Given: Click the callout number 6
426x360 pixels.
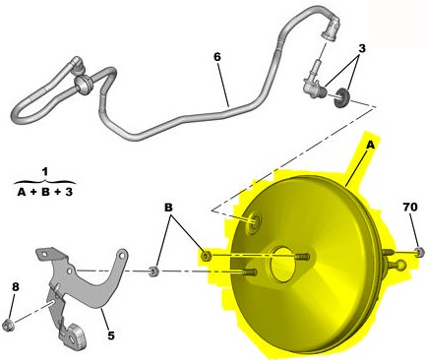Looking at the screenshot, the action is [x=217, y=57].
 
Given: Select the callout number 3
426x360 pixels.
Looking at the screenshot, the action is [x=362, y=48].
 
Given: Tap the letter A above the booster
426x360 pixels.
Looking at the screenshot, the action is [x=370, y=145].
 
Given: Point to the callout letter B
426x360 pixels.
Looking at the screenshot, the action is [x=168, y=208].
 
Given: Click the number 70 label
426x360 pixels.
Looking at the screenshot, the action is [x=410, y=207].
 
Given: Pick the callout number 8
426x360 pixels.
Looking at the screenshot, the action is [x=16, y=287].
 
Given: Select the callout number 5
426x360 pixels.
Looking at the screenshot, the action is [x=111, y=335].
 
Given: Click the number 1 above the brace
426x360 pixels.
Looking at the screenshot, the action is [x=45, y=171].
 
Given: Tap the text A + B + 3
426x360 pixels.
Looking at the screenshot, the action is [x=45, y=192].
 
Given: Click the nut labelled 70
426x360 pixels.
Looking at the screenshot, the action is [x=419, y=252].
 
